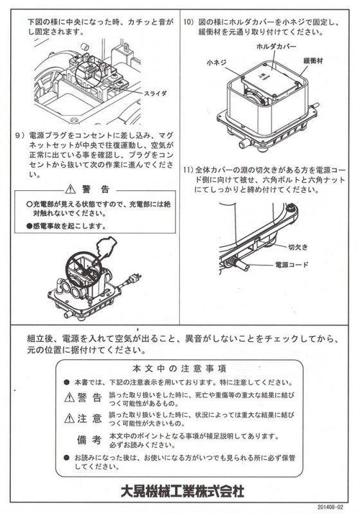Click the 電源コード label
point(292,264)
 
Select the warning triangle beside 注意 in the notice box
point(69,419)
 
